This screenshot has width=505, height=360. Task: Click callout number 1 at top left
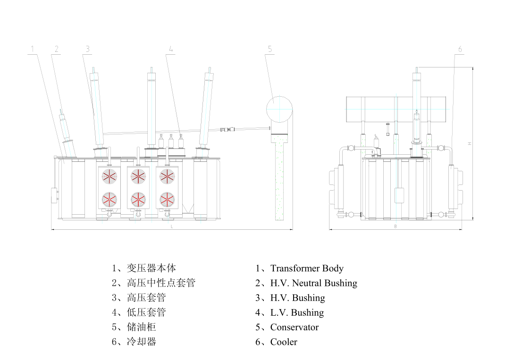click(33, 49)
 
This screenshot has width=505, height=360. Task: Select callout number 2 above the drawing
click(56, 49)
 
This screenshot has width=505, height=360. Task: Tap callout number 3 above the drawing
click(88, 49)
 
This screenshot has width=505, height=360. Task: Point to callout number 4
click(171, 49)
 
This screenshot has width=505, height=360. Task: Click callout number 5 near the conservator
click(270, 49)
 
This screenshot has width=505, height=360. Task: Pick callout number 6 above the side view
click(460, 49)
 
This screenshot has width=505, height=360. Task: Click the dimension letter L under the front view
click(172, 226)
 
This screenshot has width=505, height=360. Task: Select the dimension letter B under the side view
click(396, 226)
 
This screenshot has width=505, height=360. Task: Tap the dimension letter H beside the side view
click(470, 143)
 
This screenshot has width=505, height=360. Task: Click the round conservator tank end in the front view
click(279, 109)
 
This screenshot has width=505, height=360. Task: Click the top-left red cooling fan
click(110, 176)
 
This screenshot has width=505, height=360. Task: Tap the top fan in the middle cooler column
click(138, 176)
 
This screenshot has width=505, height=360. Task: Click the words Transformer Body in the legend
click(307, 268)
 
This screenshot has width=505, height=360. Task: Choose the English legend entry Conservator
click(294, 327)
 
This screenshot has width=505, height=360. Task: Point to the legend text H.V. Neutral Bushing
click(313, 283)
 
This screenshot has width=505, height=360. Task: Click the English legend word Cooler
click(284, 342)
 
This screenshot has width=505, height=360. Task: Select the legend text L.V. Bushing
click(297, 313)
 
